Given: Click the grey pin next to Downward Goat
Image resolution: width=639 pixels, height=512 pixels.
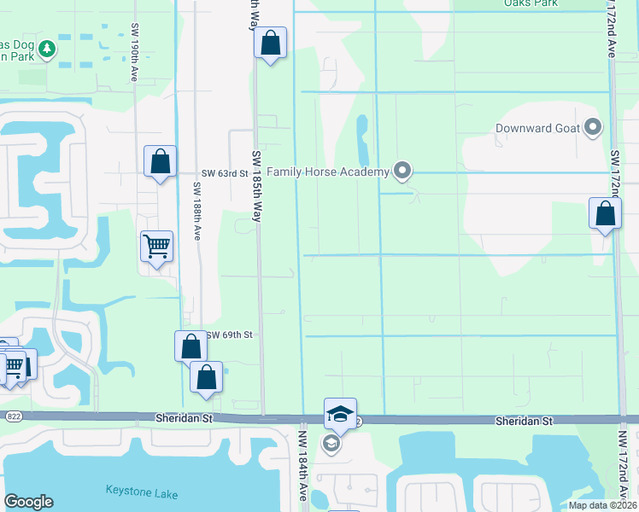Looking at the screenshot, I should click(x=594, y=129).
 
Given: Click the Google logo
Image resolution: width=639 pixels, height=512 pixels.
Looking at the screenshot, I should click(x=29, y=501).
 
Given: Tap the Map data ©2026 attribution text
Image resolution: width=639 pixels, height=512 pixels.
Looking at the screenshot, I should click(x=601, y=505).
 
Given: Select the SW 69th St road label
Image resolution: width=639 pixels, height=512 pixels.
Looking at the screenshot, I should click(x=229, y=335).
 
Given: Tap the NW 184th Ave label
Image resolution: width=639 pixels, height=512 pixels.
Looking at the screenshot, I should click(x=302, y=465).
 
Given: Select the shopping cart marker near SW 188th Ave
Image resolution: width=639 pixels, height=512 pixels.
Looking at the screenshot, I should click(x=157, y=247).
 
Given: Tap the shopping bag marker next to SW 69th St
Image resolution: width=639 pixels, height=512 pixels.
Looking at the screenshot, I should click(x=191, y=346).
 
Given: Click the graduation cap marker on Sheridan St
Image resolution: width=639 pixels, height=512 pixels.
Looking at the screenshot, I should click(x=340, y=414).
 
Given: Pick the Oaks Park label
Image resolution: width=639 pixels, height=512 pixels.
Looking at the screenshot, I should click(x=531, y=3).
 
